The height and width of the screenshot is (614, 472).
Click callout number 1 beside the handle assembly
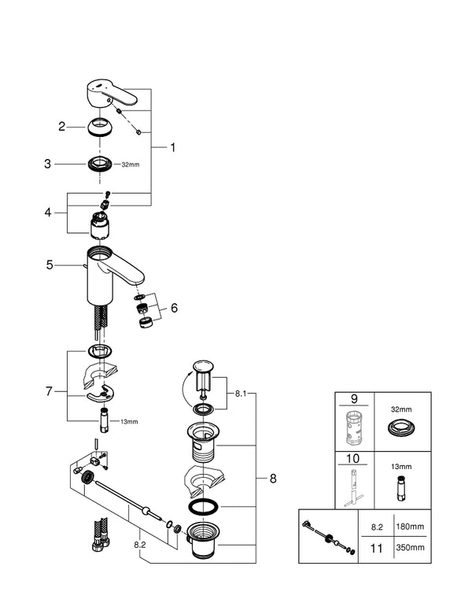[x=173, y=146]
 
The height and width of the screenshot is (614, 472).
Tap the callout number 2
[x=61, y=126]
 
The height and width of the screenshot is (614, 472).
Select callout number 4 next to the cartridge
[x=49, y=213]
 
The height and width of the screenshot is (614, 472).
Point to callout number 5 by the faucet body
[x=49, y=265]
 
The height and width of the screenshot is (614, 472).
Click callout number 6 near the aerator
[x=174, y=309]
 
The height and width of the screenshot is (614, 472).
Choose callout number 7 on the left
[x=49, y=390]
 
